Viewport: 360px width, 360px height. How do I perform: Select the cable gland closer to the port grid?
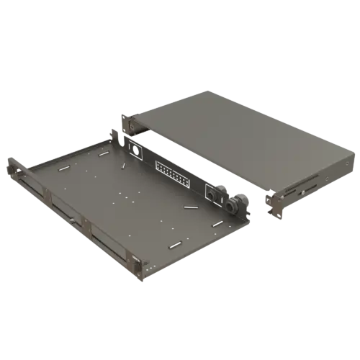pos(211,195)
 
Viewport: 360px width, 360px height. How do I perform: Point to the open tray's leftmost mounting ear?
pos(12,170)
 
